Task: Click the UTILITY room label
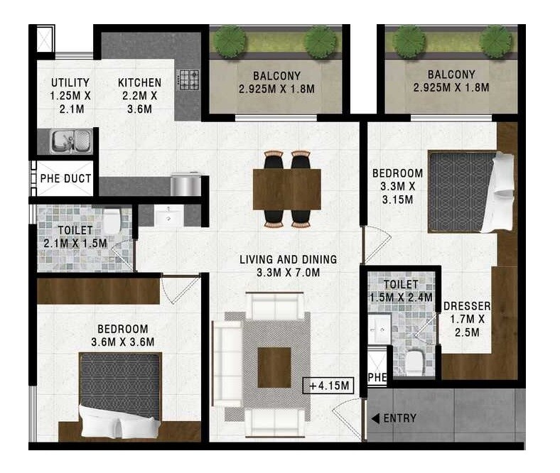(70, 95)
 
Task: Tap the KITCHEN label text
(139, 95)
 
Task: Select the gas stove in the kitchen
(188, 79)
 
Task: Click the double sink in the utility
(71, 140)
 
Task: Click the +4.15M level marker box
(328, 386)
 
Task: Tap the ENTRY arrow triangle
(375, 418)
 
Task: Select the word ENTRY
(399, 418)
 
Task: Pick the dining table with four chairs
(287, 189)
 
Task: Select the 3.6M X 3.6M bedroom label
(122, 335)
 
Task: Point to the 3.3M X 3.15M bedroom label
(397, 186)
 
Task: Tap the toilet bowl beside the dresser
(415, 362)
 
